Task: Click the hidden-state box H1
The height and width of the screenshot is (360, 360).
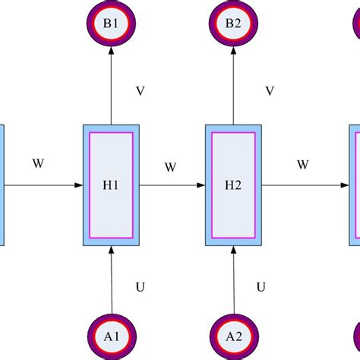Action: coord(112,185)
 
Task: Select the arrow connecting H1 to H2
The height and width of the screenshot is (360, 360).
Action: coord(173,185)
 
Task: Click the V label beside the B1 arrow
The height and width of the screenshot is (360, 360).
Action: coord(140,91)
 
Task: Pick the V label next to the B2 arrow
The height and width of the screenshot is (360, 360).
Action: coord(269,91)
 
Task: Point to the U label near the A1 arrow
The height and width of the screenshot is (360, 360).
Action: coord(140,287)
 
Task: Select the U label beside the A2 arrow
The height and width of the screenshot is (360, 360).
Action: coord(261,287)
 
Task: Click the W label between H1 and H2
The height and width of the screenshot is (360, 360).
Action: coord(171,166)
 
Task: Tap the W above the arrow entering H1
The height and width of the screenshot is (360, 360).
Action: coord(37,163)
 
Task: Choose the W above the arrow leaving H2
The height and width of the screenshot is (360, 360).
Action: coord(302,163)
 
